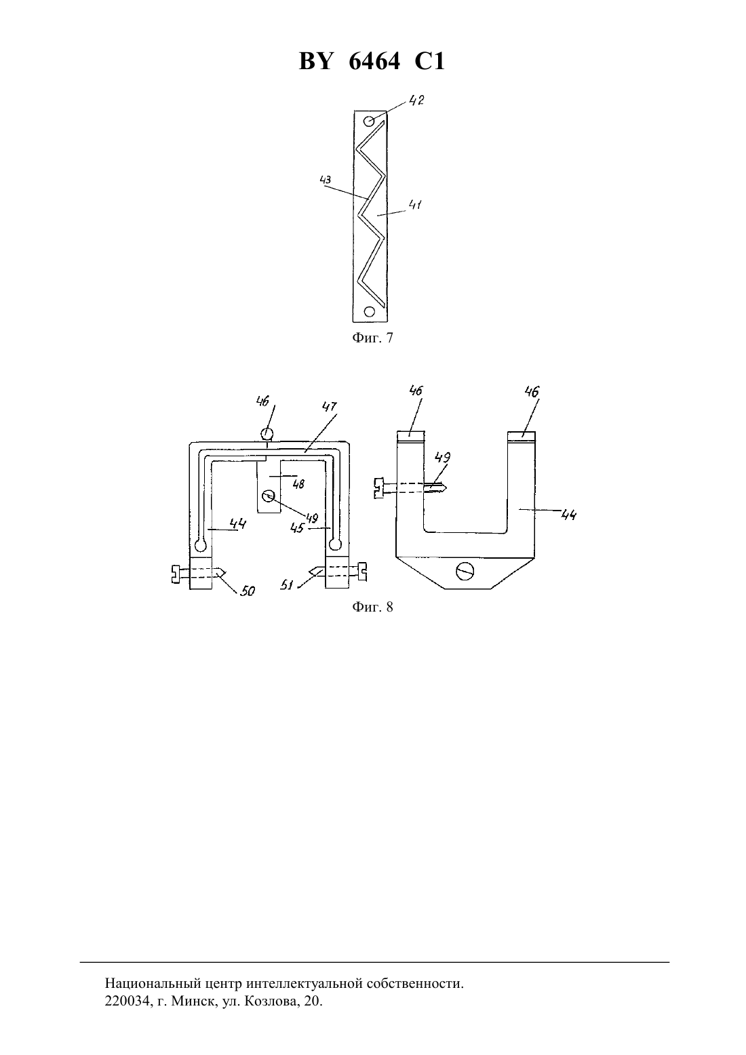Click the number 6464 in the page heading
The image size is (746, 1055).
pos(374,61)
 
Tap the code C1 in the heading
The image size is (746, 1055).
pos(429,61)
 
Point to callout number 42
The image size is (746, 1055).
pos(416,100)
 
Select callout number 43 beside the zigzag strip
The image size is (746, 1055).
pos(326,180)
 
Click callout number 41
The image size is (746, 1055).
pos(415,204)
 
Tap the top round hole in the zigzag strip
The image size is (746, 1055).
pos(369,121)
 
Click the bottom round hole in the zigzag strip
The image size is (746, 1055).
pos(370,311)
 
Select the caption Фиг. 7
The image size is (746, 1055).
pos(372,338)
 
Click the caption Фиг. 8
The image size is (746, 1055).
pos(372,607)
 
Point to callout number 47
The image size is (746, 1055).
pos(330,406)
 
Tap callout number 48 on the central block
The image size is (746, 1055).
pos(298,483)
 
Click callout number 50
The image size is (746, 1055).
pos(248,591)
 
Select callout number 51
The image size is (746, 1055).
pos(287,585)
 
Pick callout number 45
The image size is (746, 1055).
pos(297,528)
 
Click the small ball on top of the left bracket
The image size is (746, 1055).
pos(267,433)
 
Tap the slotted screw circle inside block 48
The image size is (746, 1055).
pos(269,496)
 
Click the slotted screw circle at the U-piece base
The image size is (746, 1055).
pos(465,572)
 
